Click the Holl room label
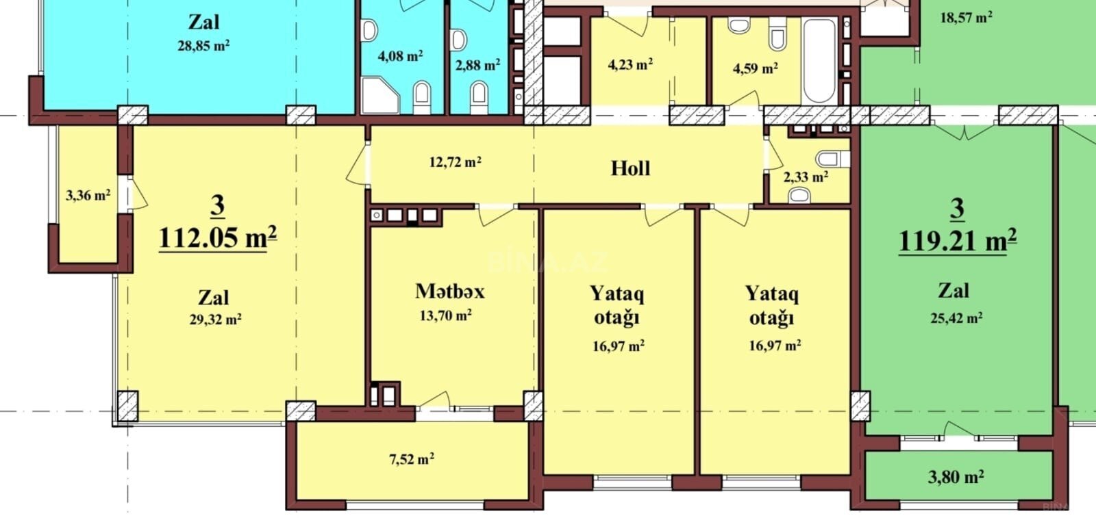pyautogui.click(x=631, y=168)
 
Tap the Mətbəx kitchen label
pyautogui.click(x=449, y=292)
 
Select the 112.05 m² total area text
pyautogui.click(x=218, y=238)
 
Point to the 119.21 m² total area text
pyautogui.click(x=958, y=240)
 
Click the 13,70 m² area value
pyautogui.click(x=445, y=315)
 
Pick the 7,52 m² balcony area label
pyautogui.click(x=412, y=459)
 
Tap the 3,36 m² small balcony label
pyautogui.click(x=88, y=196)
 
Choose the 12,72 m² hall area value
pyautogui.click(x=455, y=161)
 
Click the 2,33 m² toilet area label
pyautogui.click(x=806, y=177)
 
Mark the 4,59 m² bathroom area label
pyautogui.click(x=756, y=68)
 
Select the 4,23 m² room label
pyautogui.click(x=630, y=64)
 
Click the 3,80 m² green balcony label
pyautogui.click(x=956, y=476)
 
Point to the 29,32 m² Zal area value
pyautogui.click(x=215, y=320)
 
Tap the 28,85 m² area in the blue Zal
pyautogui.click(x=203, y=46)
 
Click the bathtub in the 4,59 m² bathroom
pyautogui.click(x=819, y=61)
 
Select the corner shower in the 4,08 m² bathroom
pyautogui.click(x=379, y=95)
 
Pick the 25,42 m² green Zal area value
pyautogui.click(x=956, y=318)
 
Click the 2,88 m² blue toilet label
pyautogui.click(x=477, y=65)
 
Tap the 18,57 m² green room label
pyautogui.click(x=967, y=18)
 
